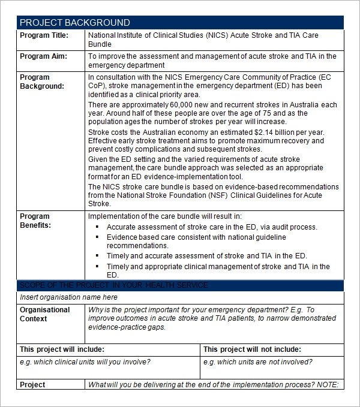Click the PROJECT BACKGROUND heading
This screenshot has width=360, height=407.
tap(75, 23)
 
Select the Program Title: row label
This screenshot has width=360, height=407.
tap(44, 35)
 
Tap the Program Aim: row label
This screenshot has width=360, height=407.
tap(43, 56)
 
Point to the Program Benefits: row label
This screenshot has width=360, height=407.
tap(36, 221)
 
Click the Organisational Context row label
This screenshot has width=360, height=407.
tap(45, 314)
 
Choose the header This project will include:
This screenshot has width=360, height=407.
tap(62, 349)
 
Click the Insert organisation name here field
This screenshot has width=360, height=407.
tap(68, 297)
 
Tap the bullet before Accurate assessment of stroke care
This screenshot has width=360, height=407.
tap(98, 227)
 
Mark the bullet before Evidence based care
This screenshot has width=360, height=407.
tap(98, 237)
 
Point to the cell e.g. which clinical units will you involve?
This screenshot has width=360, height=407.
tap(85, 361)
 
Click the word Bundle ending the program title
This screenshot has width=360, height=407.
tap(100, 44)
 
